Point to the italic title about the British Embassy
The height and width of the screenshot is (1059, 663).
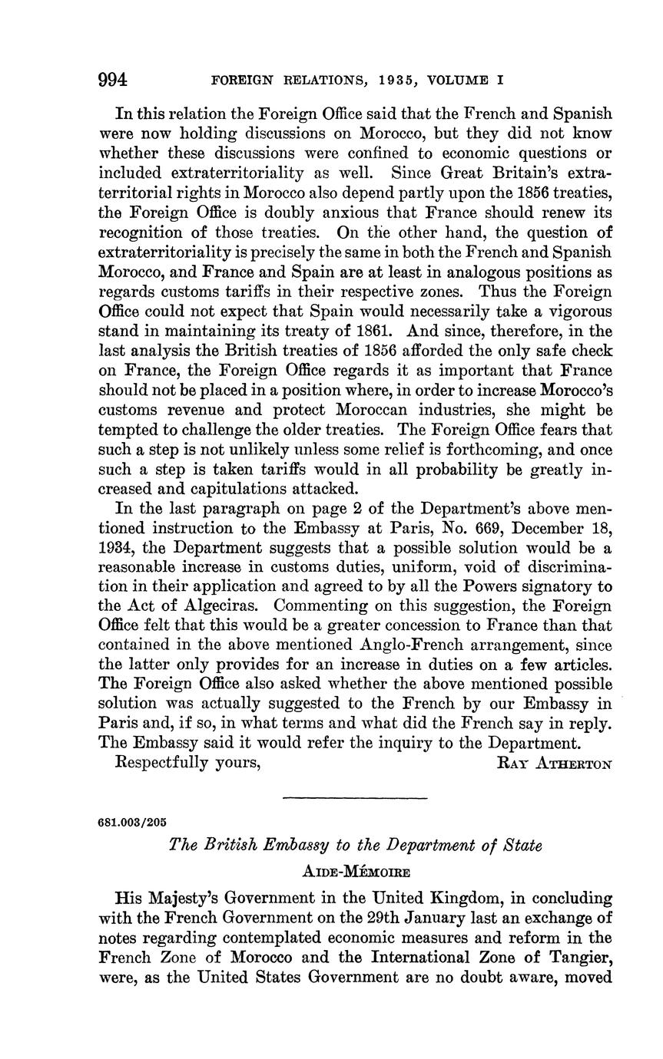pos(355,846)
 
